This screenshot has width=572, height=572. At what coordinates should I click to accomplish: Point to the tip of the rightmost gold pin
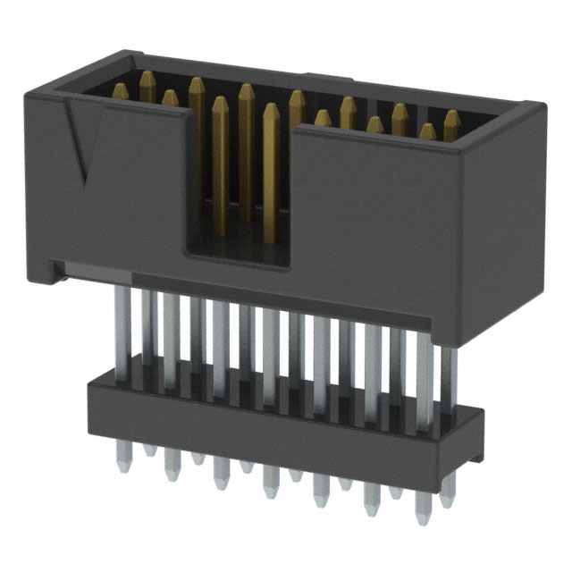pos(451,118)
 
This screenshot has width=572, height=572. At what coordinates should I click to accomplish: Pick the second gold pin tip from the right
pos(427,131)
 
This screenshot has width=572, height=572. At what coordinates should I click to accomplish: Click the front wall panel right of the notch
pos(384,214)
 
